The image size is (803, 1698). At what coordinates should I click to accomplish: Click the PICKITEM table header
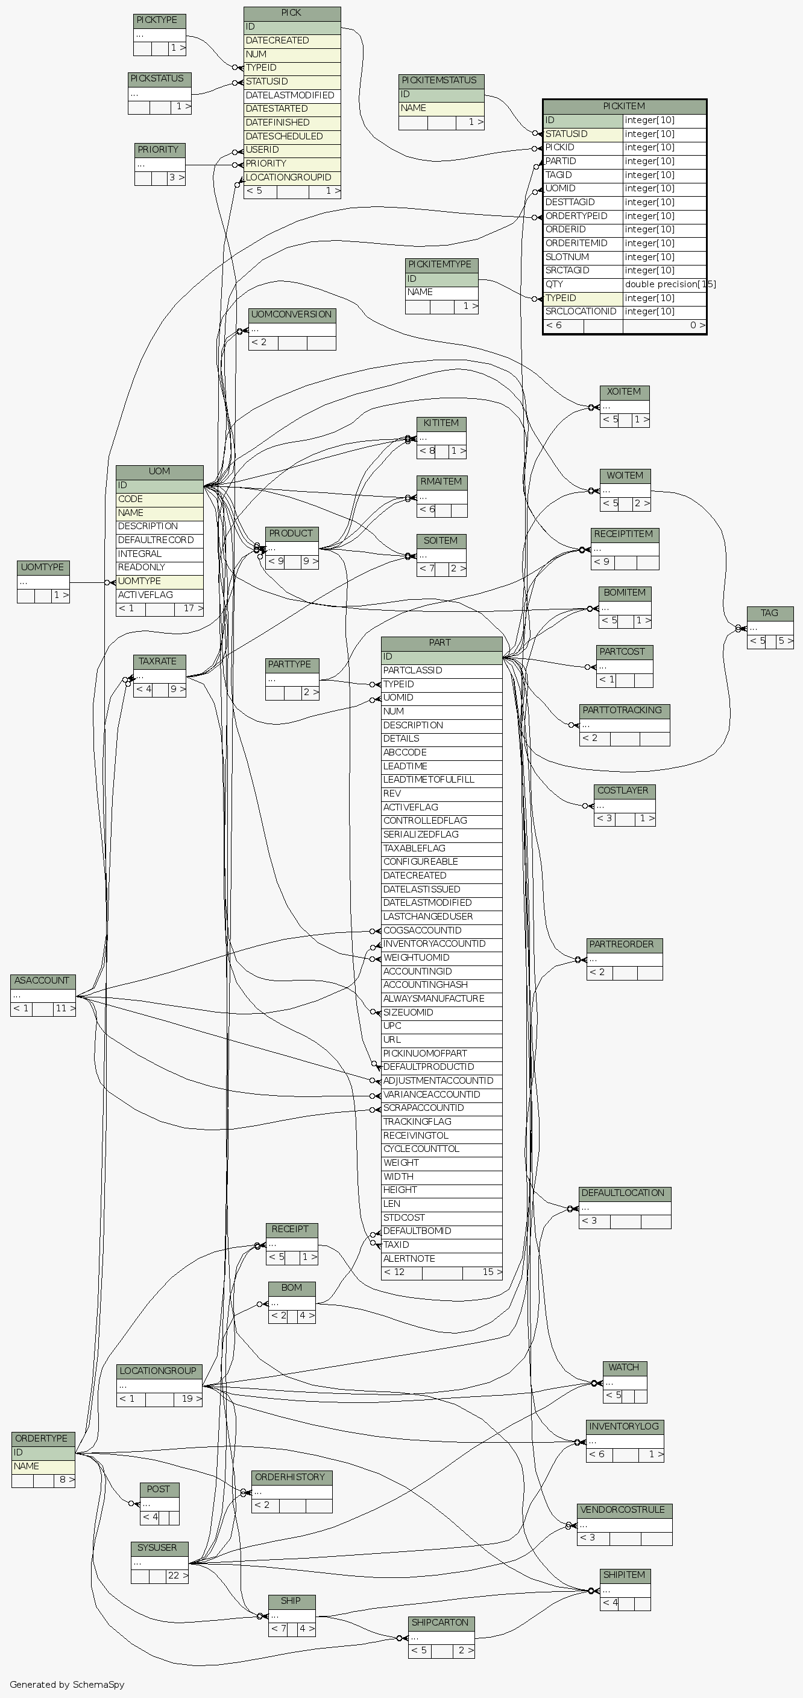point(624,106)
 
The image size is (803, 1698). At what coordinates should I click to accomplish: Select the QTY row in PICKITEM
point(582,284)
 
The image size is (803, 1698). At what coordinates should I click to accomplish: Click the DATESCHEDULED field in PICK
point(292,136)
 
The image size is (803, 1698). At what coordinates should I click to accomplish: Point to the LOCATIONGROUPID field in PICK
point(292,177)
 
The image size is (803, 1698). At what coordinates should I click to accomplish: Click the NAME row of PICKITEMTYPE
point(441,292)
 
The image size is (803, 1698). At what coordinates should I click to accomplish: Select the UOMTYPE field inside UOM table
point(159,581)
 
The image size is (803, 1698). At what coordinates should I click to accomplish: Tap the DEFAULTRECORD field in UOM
point(159,540)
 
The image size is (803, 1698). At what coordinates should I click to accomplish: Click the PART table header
point(441,643)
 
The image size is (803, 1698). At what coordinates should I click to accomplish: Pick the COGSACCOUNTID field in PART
point(441,930)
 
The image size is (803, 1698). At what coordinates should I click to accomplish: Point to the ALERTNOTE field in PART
point(441,1258)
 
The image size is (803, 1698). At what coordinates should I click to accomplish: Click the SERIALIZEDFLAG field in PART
point(441,835)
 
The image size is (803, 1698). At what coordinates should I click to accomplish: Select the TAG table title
point(769,613)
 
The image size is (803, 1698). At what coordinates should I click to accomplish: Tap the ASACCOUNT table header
point(42,981)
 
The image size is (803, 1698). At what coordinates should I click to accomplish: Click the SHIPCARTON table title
point(440,1623)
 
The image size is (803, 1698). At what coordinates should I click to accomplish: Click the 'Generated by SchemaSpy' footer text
point(67,1684)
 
